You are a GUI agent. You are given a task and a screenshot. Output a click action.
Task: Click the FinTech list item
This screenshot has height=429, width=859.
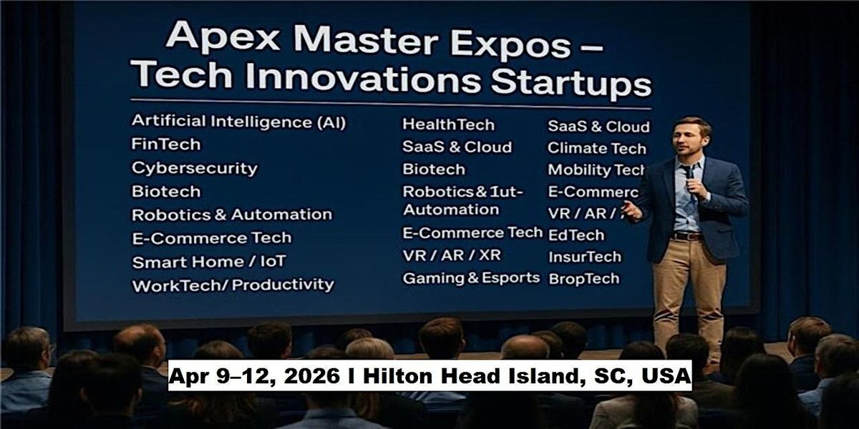(166, 144)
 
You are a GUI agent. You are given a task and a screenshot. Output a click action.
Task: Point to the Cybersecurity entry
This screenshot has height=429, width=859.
(194, 169)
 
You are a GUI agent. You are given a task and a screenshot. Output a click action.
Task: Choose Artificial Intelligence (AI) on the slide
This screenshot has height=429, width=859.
(238, 122)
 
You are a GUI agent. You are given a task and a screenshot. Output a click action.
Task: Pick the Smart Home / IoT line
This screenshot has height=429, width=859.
(209, 262)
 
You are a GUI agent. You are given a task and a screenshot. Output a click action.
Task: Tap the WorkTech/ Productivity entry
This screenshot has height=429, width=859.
(233, 285)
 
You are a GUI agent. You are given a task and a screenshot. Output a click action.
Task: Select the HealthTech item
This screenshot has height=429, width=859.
(448, 124)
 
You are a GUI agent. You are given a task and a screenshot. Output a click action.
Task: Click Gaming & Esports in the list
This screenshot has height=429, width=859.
(471, 278)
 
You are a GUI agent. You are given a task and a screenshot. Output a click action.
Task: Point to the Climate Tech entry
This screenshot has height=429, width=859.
(596, 149)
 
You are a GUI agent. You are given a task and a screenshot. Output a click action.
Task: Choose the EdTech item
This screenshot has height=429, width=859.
(576, 235)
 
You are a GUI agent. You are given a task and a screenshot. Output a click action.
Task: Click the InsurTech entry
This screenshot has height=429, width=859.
(584, 257)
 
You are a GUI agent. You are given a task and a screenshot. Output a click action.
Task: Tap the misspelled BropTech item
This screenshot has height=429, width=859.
(583, 279)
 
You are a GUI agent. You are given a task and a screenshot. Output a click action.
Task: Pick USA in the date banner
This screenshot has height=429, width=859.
(662, 375)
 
